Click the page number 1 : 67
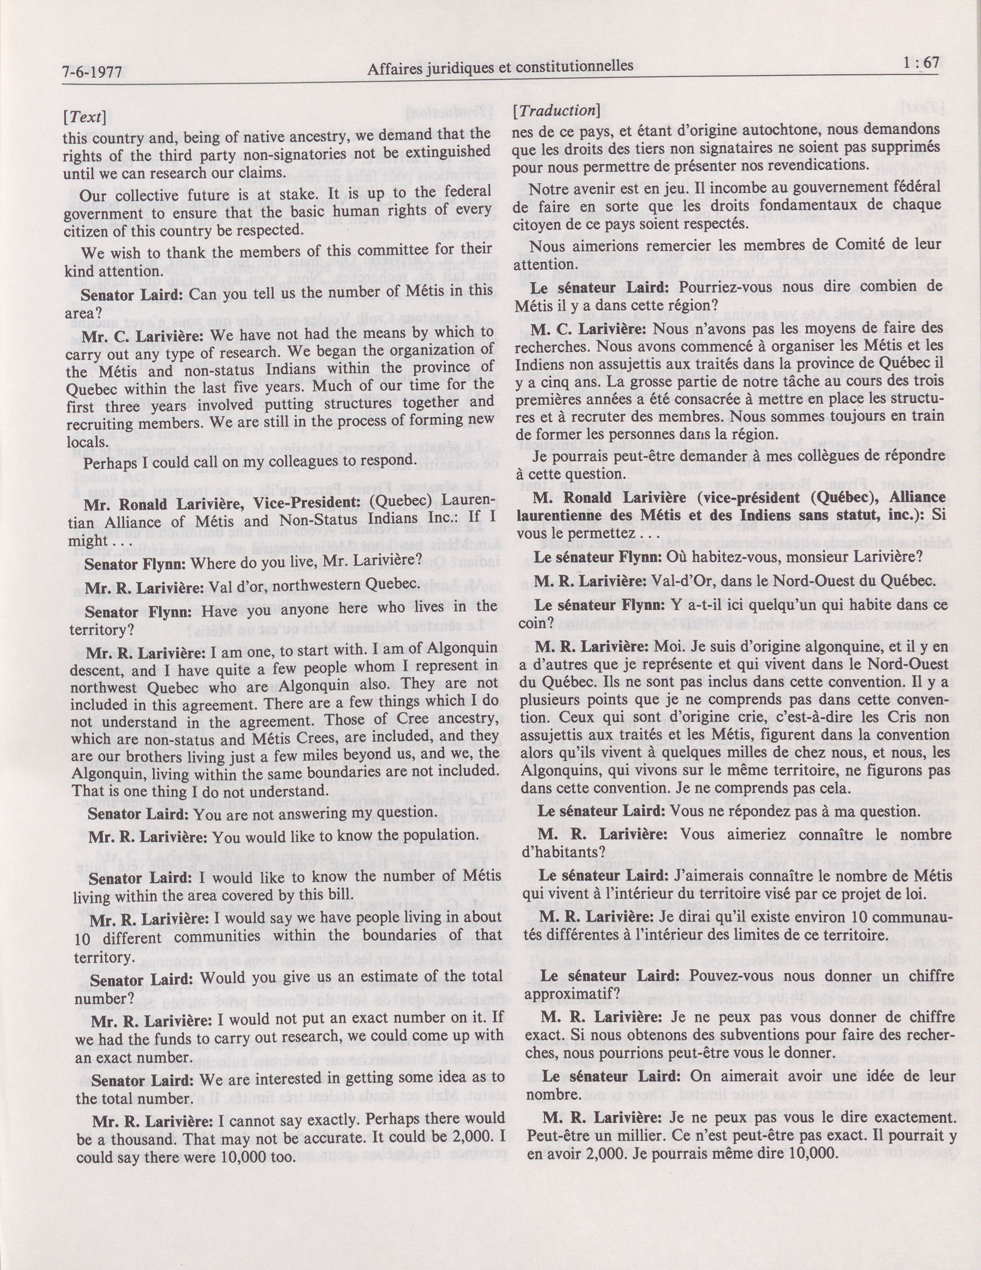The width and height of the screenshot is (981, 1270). (918, 63)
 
